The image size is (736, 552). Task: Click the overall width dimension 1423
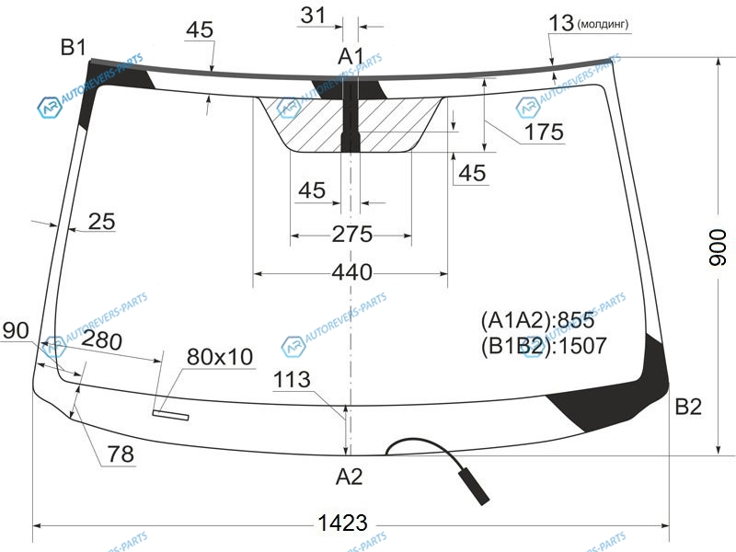point(342,523)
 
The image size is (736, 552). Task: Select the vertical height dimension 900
point(717,247)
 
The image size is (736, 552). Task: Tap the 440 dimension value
point(352,272)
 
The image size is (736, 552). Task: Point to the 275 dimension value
point(352,234)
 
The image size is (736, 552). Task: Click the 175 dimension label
point(544,132)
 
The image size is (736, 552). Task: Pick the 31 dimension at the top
point(313,15)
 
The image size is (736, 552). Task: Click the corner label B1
point(74,48)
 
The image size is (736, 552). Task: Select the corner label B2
point(688,407)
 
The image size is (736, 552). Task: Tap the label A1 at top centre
point(351,56)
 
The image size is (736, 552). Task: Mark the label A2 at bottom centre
point(350,477)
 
